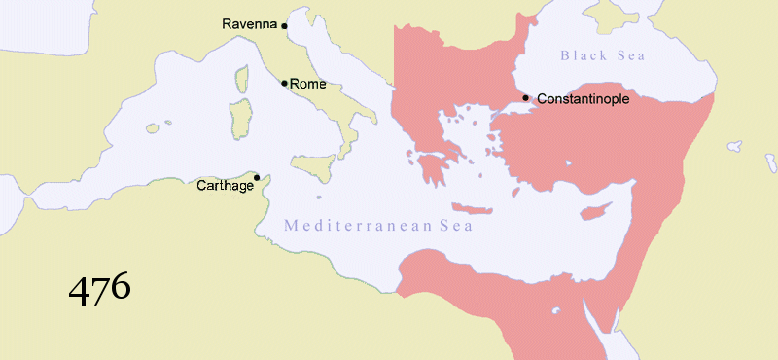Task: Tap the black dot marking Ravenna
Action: click(284, 26)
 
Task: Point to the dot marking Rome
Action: click(284, 83)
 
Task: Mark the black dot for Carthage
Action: click(257, 177)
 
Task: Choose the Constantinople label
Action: click(583, 99)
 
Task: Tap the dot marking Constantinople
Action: click(526, 97)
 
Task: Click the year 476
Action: click(99, 288)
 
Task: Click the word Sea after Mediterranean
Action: click(453, 226)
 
